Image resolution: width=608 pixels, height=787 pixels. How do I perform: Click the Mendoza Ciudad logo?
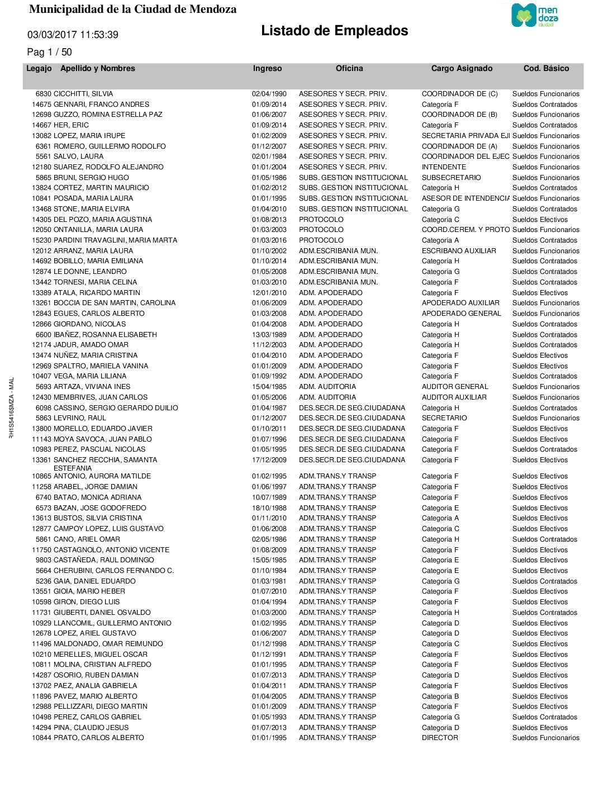[x=534, y=15]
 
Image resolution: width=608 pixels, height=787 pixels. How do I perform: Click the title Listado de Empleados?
[x=334, y=31]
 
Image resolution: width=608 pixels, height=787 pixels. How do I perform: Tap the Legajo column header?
[x=39, y=68]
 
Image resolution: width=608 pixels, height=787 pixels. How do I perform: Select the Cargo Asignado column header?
[x=462, y=68]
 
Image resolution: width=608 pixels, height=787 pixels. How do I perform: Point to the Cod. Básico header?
[x=546, y=68]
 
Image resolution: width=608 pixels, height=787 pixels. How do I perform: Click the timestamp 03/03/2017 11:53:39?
[x=73, y=35]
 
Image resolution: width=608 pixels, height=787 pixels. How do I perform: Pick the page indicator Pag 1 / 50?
[x=49, y=52]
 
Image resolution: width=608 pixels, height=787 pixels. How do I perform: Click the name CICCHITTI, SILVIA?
[x=83, y=94]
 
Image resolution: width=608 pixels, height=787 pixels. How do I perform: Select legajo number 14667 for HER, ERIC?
[x=41, y=125]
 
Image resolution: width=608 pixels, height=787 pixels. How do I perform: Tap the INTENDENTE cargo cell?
[x=444, y=167]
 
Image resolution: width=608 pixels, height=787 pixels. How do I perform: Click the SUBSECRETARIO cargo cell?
[x=451, y=178]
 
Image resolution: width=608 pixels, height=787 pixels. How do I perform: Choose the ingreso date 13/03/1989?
[x=269, y=335]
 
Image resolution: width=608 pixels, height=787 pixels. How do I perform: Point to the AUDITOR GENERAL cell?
[x=455, y=387]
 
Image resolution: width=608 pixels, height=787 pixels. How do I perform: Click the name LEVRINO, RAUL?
[x=80, y=418]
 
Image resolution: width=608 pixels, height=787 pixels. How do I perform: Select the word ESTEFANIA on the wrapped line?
[x=73, y=468]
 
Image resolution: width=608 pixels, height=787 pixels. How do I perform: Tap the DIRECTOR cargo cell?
[x=440, y=738]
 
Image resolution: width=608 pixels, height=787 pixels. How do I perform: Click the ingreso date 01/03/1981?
[x=269, y=581]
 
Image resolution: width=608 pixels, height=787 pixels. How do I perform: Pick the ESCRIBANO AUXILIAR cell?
[x=459, y=251]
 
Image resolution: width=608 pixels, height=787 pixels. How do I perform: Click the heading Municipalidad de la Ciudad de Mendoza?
[x=132, y=9]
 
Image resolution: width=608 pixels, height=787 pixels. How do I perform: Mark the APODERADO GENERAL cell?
[x=461, y=314]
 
